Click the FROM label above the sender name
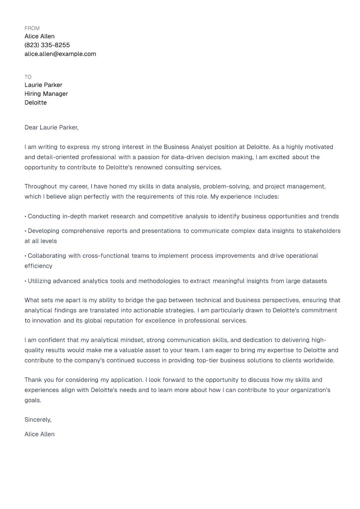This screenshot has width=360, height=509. tap(32, 28)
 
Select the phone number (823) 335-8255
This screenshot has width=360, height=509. tap(47, 45)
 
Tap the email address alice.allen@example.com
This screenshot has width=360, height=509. tap(60, 54)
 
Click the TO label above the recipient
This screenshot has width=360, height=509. tap(28, 77)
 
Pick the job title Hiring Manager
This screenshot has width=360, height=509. tap(46, 94)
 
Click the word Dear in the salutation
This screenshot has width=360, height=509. tap(31, 128)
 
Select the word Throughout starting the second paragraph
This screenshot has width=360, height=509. tap(41, 187)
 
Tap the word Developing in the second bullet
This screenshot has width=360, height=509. tap(43, 231)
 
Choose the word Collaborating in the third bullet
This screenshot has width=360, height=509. tap(47, 256)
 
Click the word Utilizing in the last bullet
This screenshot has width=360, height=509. tap(39, 281)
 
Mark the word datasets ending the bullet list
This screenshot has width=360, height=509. tap(314, 281)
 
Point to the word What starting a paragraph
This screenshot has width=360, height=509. tap(32, 300)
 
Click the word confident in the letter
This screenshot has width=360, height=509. tap(52, 340)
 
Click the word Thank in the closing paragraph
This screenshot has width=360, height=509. tap(33, 380)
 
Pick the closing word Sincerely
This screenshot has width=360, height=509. tap(38, 420)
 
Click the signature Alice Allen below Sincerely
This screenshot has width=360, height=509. tap(39, 434)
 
